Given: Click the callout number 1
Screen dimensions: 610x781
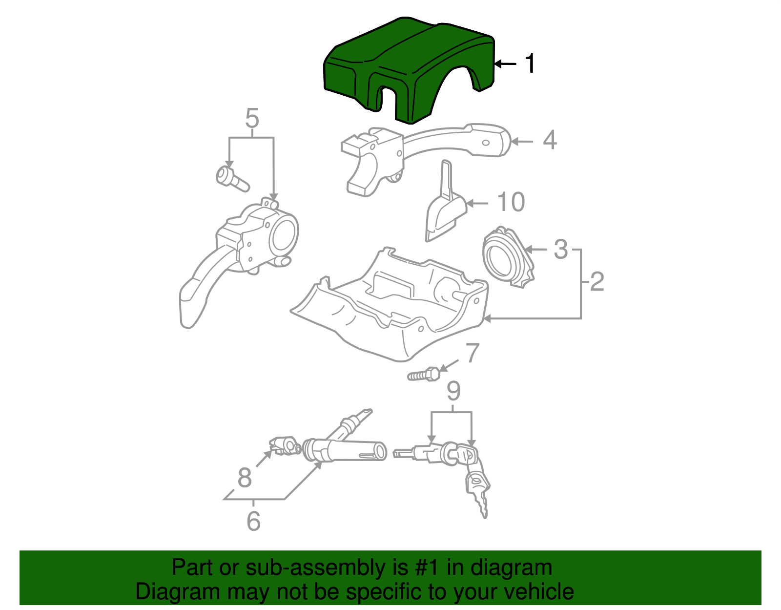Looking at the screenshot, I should [x=530, y=64].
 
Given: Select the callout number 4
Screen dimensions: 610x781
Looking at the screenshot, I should [x=550, y=140].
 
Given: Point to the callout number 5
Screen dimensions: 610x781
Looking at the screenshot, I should [x=252, y=119].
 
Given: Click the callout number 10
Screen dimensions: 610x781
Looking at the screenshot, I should [x=511, y=202].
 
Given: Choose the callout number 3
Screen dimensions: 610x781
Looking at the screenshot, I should [x=561, y=249].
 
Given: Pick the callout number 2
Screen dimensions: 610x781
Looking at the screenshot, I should [x=597, y=282].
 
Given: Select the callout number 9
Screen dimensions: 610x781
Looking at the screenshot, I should [x=453, y=391].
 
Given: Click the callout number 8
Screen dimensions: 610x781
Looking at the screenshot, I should [x=245, y=477].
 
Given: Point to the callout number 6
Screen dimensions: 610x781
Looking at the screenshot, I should [x=253, y=521].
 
